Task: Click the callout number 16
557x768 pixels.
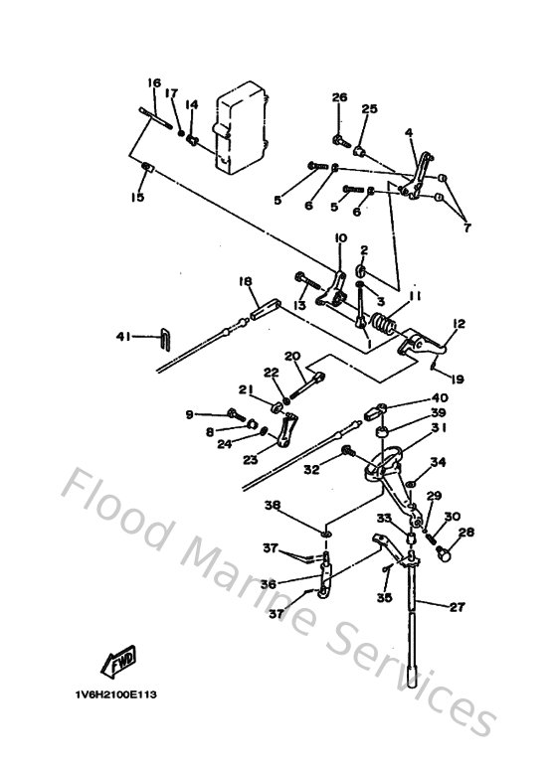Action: tap(154, 82)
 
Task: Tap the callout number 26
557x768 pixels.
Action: tap(339, 97)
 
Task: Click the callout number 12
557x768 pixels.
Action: tap(459, 324)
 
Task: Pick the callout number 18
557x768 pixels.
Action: tap(243, 282)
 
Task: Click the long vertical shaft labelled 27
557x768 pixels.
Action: tap(410, 636)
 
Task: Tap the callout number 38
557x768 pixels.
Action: tap(273, 505)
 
